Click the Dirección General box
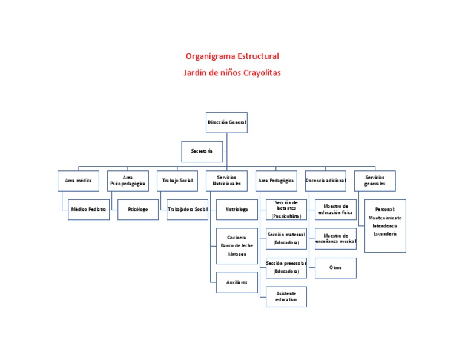tap(227, 122)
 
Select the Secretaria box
tap(202, 151)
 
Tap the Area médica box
tap(78, 181)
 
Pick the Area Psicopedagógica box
tap(128, 181)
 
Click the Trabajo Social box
tap(177, 181)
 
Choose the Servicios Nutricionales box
tap(227, 181)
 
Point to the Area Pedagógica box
tap(276, 181)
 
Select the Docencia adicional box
tap(326, 181)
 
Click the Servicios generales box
tap(375, 181)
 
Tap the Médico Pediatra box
tap(89, 209)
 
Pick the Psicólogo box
tap(138, 209)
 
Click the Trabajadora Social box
tap(187, 209)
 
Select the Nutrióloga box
tap(237, 209)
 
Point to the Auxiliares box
tap(237, 282)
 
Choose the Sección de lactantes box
tap(286, 209)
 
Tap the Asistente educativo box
tap(286, 296)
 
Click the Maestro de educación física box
tap(336, 209)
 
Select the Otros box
tap(336, 267)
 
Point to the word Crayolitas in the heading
tap(262, 72)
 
